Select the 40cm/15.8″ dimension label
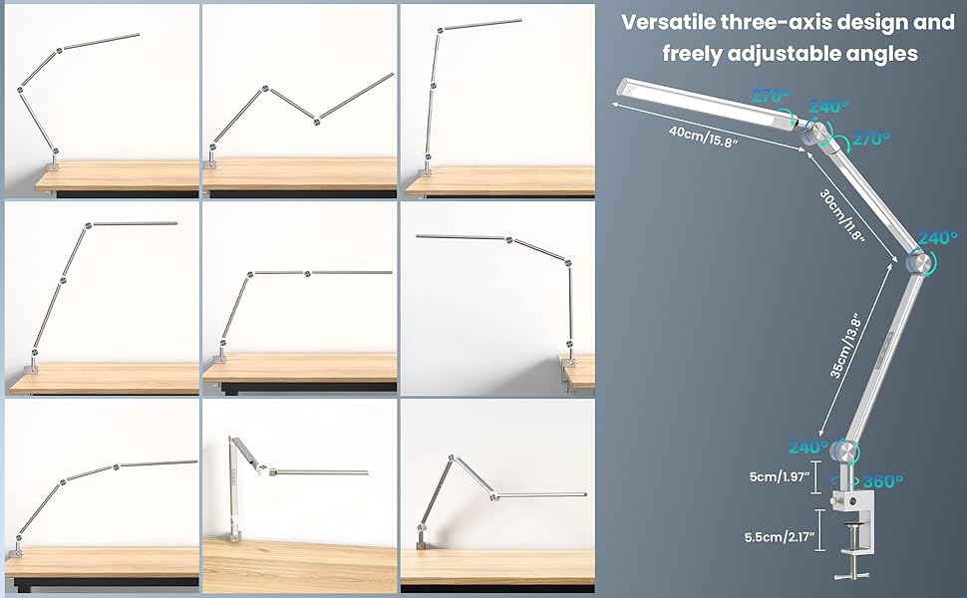click(703, 137)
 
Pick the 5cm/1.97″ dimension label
click(779, 476)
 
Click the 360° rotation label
click(883, 480)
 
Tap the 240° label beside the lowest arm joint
click(808, 447)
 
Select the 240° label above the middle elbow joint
click(937, 238)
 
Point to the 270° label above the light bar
click(771, 96)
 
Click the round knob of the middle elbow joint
click(920, 263)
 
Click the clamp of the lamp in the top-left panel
click(54, 165)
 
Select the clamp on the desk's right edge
click(568, 371)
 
